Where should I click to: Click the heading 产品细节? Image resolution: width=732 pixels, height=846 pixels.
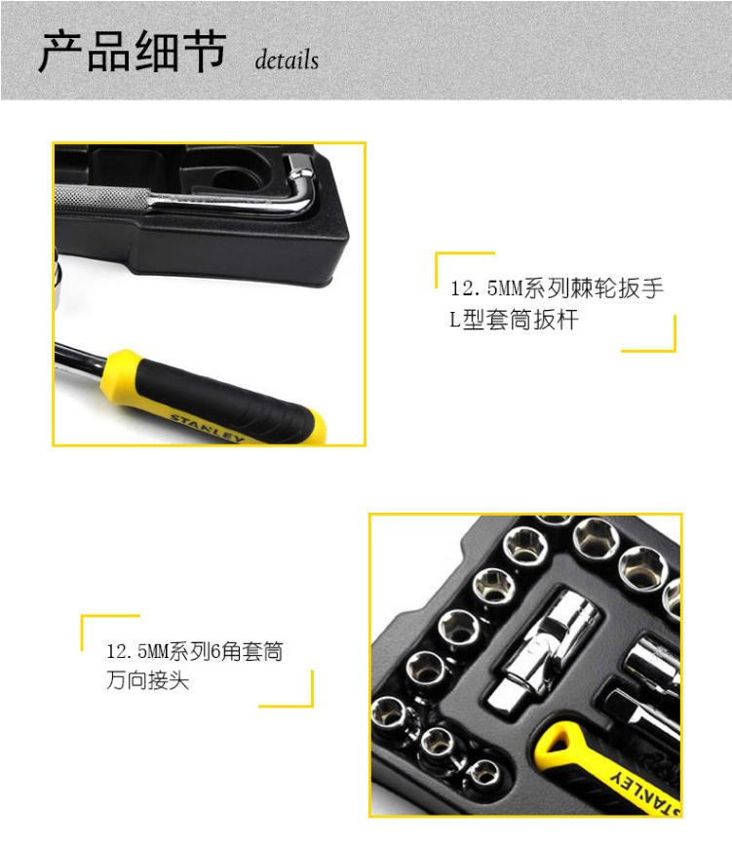pos(133,52)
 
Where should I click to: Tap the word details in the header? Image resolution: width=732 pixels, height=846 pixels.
pos(287,59)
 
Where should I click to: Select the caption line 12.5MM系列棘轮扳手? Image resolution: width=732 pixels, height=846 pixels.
pos(557,288)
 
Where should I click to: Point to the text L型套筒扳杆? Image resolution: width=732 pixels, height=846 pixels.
pos(514,320)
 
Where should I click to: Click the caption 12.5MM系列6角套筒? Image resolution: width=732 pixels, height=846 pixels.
pos(195,651)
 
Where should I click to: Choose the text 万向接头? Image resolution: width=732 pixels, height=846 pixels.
pos(148,680)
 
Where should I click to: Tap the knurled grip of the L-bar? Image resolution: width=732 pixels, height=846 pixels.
pos(100,198)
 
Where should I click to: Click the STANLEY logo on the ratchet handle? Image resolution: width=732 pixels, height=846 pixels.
pos(208,429)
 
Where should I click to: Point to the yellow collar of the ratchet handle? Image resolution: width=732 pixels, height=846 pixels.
pos(119,375)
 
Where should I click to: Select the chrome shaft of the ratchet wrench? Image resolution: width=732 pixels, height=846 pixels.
pos(80,360)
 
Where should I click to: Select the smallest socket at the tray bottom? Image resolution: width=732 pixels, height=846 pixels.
pos(482,774)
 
